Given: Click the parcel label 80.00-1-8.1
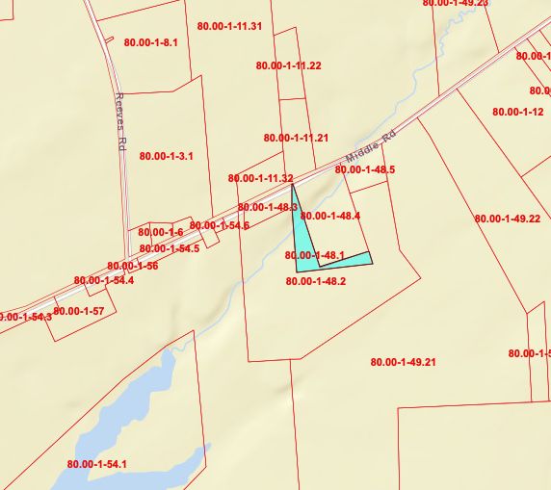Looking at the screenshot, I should click(151, 43).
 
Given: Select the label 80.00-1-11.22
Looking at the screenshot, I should click(289, 65).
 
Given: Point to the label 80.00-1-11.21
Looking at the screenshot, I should click(296, 139).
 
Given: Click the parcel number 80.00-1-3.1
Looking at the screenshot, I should click(167, 156).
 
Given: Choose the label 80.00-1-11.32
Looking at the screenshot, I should click(260, 179).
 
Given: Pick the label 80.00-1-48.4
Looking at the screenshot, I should click(330, 217).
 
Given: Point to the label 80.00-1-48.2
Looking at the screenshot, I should click(316, 282).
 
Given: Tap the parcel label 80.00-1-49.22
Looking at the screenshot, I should click(508, 219).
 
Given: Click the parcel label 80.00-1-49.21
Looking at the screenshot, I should click(404, 362).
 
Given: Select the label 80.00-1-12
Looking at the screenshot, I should click(518, 113).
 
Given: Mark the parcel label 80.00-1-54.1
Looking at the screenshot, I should click(97, 465).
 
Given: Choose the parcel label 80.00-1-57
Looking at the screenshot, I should click(79, 311).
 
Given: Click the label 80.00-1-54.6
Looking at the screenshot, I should click(220, 226).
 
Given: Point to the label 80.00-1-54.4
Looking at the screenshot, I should click(104, 281).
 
